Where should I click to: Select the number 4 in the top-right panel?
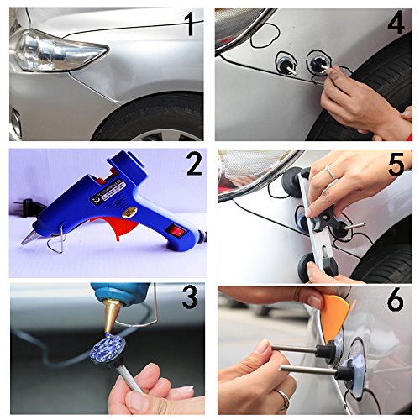tap(396, 24)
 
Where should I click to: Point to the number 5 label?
tap(396, 165)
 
